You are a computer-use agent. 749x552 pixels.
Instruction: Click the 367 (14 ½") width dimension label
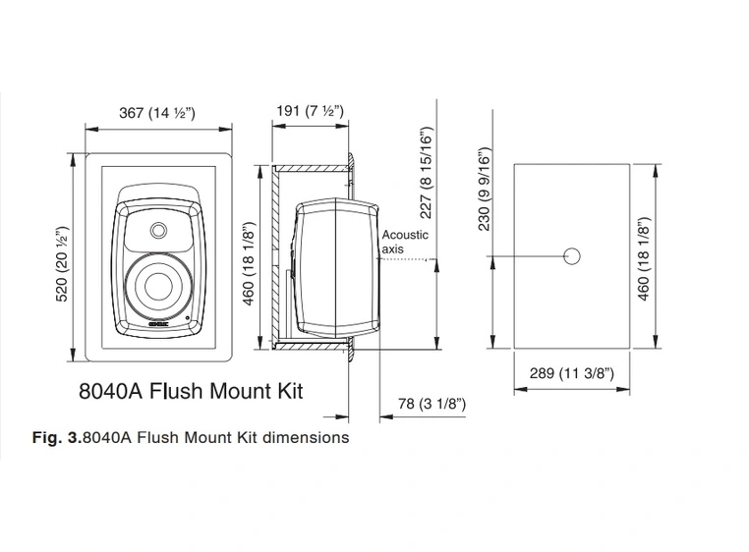(157, 113)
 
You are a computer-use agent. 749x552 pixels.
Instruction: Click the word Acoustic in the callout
(405, 235)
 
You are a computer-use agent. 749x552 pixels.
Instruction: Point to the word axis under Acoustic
(392, 248)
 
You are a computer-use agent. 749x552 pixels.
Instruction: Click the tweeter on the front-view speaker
(159, 230)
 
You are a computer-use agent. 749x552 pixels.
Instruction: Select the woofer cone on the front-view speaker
(159, 287)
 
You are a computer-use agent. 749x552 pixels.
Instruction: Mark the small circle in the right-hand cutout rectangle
(572, 255)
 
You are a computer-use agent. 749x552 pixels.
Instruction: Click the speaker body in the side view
(334, 265)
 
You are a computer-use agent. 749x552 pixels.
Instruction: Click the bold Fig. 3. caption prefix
(58, 437)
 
